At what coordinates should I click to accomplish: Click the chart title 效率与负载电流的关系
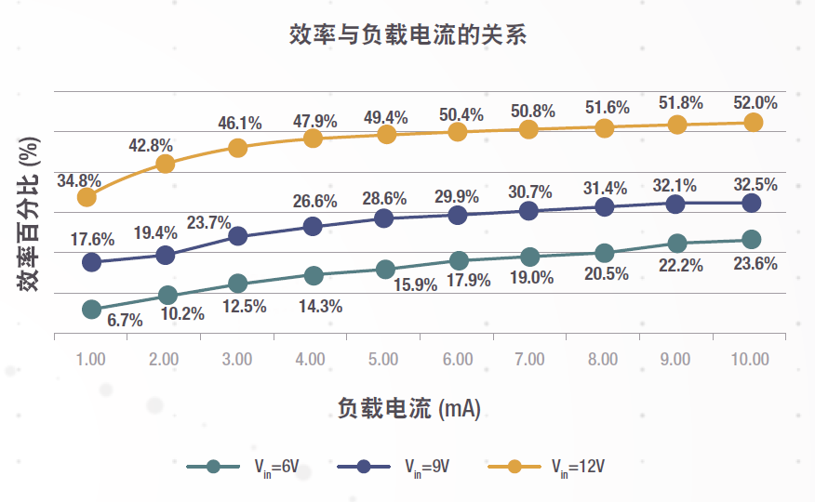[407, 36]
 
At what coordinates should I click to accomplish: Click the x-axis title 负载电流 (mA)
[408, 407]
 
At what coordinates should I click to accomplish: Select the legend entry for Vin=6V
[243, 467]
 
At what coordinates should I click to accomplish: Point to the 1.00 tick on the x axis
[90, 359]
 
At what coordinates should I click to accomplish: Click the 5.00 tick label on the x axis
[383, 359]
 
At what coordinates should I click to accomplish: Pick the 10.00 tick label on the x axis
[750, 359]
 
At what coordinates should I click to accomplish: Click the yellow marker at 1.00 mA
[87, 197]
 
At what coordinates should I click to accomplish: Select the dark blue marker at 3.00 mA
[237, 236]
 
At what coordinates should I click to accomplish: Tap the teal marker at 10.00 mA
[751, 240]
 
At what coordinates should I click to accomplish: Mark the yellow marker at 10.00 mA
[753, 122]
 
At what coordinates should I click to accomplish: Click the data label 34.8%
[78, 179]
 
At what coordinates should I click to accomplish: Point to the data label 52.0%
[755, 102]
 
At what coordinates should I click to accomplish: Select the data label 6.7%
[125, 321]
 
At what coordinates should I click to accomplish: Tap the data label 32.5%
[755, 184]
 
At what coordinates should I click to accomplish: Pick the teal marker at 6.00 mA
[458, 260]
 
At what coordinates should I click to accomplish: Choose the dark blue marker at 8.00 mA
[605, 207]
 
